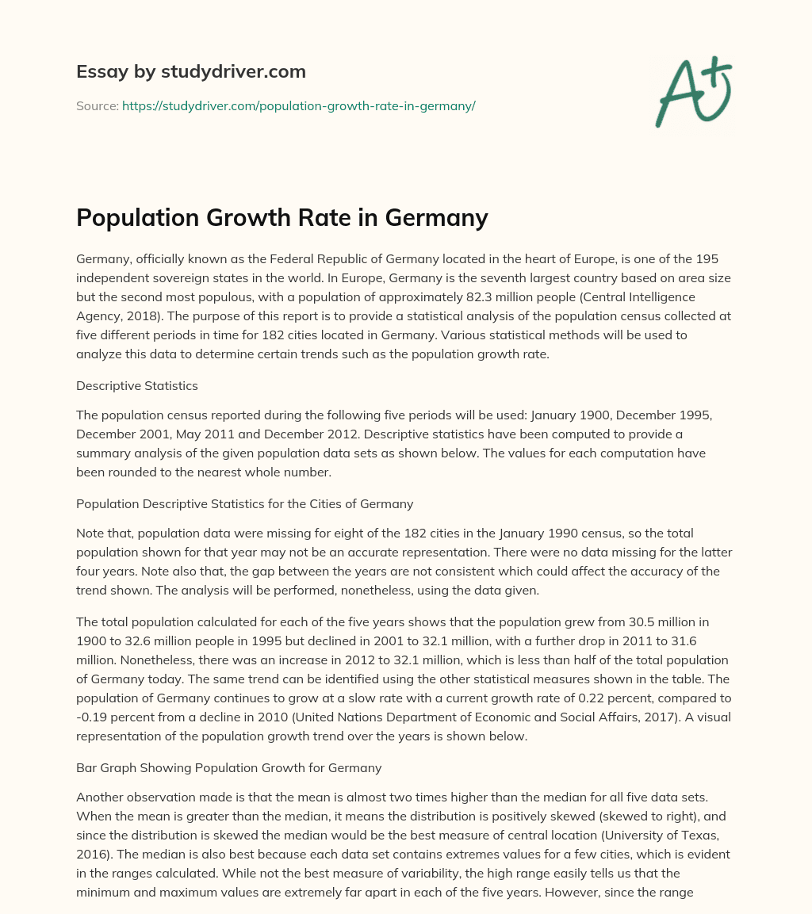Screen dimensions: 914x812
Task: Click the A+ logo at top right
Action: pyautogui.click(x=693, y=92)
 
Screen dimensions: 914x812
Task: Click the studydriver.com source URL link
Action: pyautogui.click(x=298, y=105)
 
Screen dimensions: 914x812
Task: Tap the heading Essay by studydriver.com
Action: pyautogui.click(x=191, y=71)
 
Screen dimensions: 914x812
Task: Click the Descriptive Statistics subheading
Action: pyautogui.click(x=136, y=385)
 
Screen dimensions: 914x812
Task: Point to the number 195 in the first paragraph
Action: pyautogui.click(x=718, y=260)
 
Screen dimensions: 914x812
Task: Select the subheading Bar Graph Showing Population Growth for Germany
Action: pyautogui.click(x=228, y=767)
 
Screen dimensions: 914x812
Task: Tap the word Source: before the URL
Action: pyautogui.click(x=97, y=105)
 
